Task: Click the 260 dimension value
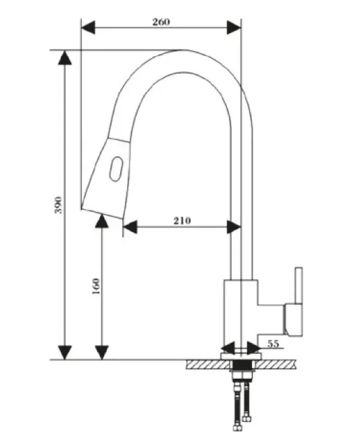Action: [161, 22]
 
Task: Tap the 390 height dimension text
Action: [58, 205]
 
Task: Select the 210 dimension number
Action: [182, 221]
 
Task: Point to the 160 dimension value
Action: [96, 286]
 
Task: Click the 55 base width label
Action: [274, 344]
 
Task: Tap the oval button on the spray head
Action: [116, 169]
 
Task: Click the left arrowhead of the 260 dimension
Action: [88, 28]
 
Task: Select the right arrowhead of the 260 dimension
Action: [234, 28]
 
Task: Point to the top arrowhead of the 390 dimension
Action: [65, 57]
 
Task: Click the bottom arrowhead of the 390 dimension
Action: [65, 352]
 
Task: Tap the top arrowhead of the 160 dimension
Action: [101, 221]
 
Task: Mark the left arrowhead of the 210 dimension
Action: [130, 227]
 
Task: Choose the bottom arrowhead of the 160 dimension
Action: [101, 352]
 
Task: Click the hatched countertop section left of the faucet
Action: [208, 365]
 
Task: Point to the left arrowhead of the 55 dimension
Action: [228, 348]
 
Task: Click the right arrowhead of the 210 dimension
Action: [234, 227]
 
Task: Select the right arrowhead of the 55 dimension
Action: [253, 348]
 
